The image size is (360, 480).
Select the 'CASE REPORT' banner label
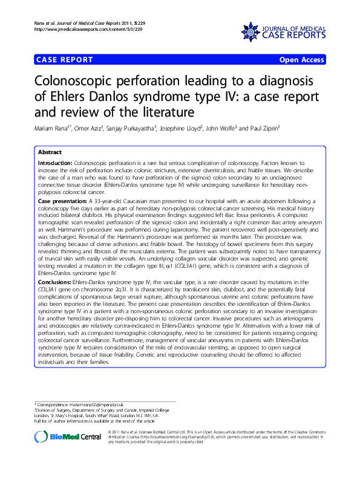coord(65,60)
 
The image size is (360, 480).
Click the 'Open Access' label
coord(302,60)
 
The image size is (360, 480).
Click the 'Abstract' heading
coord(50,152)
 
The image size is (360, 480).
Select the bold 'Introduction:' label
coord(55,164)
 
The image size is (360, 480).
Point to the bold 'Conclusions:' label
coord(55,282)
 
